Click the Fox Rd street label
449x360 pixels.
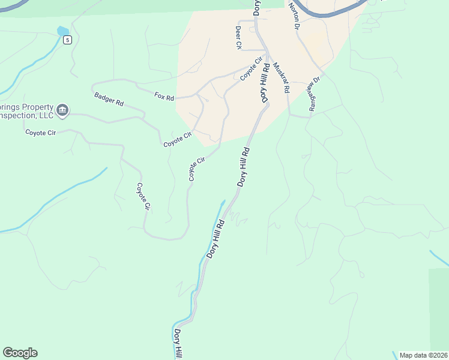[163, 96]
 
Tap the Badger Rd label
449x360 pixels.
[109, 99]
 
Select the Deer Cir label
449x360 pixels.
[238, 37]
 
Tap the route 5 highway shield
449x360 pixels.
[68, 40]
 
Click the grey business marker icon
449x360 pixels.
[63, 110]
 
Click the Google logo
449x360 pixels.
[20, 353]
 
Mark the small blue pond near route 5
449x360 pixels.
[62, 31]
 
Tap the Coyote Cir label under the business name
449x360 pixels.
[40, 133]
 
